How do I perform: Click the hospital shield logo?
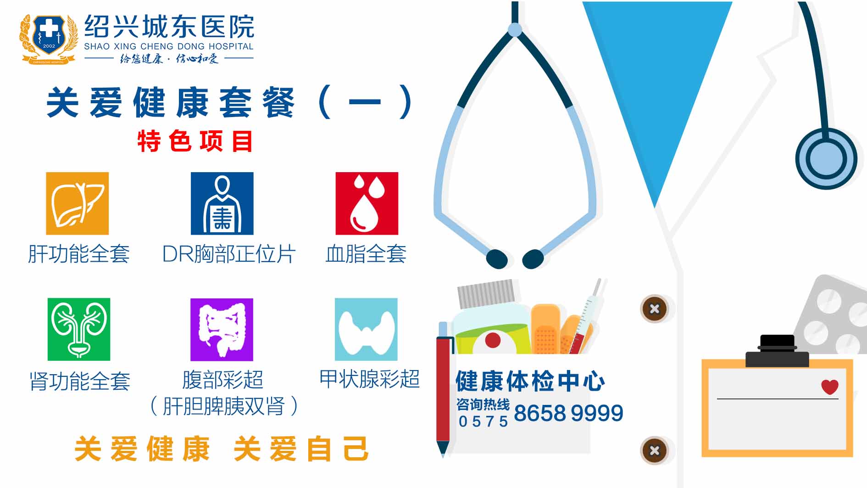(49, 39)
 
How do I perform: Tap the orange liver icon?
(78, 203)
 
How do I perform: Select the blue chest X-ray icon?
(222, 203)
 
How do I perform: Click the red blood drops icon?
(367, 203)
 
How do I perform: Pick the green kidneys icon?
(79, 329)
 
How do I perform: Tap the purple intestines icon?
(222, 330)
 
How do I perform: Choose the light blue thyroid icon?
(366, 329)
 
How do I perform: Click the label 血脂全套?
(366, 254)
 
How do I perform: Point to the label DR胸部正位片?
(229, 254)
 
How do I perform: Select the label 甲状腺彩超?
(370, 379)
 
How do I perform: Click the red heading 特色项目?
(195, 141)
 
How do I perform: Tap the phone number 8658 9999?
(568, 413)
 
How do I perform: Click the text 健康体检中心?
(530, 381)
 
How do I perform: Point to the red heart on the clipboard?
(830, 387)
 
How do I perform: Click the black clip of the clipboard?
(777, 351)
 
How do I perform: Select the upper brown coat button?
(655, 309)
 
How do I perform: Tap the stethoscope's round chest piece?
(826, 158)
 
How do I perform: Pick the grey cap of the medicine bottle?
(486, 293)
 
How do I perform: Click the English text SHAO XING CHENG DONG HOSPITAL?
(169, 46)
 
